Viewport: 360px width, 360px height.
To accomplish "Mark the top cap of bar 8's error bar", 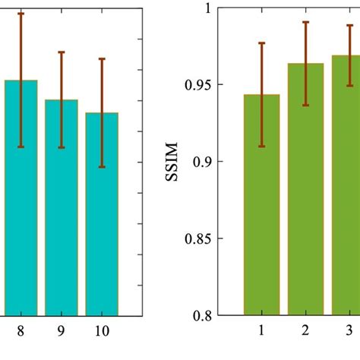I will pos(21,13).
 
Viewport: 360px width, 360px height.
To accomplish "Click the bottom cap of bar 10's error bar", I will pos(102,167).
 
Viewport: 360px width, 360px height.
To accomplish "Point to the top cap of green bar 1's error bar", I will pos(261,43).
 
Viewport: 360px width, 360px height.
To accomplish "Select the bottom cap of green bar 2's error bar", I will pos(306,105).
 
